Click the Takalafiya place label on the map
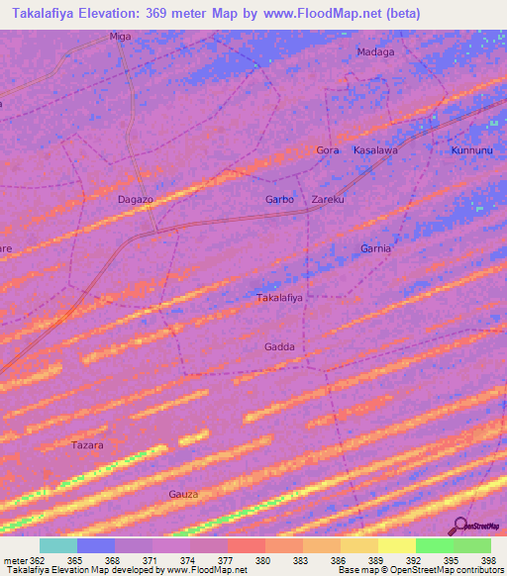click(279, 297)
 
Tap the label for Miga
click(120, 37)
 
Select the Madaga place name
click(374, 52)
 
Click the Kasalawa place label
click(375, 150)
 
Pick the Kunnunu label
click(471, 150)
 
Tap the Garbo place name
click(279, 200)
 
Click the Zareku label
click(328, 200)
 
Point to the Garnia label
click(375, 248)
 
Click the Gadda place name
click(279, 346)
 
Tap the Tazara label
click(87, 445)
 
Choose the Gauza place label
click(183, 494)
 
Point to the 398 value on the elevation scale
click(488, 559)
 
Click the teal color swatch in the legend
click(57, 545)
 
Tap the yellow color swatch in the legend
click(396, 545)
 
